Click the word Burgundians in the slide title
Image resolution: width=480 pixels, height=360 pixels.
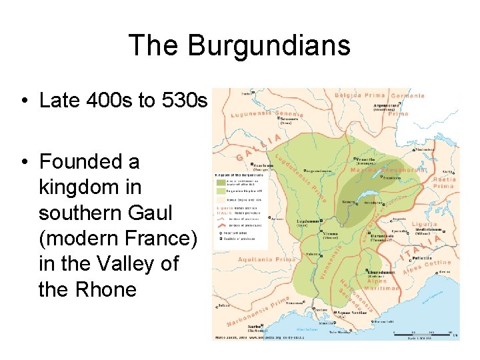pos(269,45)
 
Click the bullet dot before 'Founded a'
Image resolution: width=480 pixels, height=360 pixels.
pos(23,162)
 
